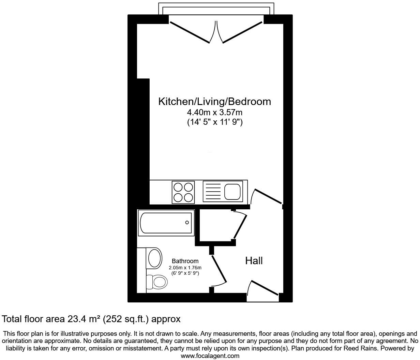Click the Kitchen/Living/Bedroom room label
click(x=214, y=102)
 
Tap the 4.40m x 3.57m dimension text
click(x=214, y=112)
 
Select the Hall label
click(x=254, y=261)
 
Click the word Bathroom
click(x=185, y=261)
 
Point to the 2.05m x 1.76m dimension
click(x=185, y=268)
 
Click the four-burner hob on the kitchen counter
click(x=183, y=192)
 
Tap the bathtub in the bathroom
click(x=166, y=223)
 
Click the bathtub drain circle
click(x=187, y=223)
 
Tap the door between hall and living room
click(x=268, y=196)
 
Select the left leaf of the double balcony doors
click(x=190, y=32)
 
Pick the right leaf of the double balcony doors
click(x=243, y=32)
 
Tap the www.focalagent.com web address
click(x=210, y=356)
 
